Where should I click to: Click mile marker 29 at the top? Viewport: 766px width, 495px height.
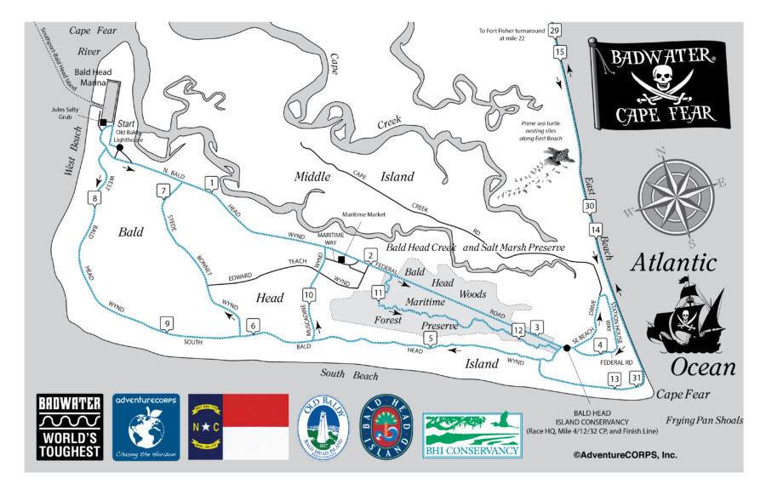click(x=555, y=31)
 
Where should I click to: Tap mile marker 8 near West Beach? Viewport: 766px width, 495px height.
click(x=94, y=198)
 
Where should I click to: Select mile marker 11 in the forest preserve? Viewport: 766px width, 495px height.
click(x=378, y=293)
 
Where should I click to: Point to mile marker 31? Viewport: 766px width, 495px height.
click(x=636, y=378)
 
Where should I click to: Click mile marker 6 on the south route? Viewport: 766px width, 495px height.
click(x=252, y=326)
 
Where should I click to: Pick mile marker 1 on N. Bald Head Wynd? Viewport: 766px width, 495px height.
click(x=210, y=182)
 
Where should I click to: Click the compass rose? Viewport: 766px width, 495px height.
click(x=677, y=192)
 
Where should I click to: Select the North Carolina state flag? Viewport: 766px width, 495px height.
click(x=239, y=427)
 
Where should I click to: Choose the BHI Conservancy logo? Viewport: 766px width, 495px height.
click(x=472, y=434)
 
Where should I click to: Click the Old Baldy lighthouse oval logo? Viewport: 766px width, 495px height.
click(x=323, y=427)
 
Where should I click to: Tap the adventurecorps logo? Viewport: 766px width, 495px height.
click(x=146, y=427)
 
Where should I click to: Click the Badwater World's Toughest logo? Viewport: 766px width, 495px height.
click(x=69, y=427)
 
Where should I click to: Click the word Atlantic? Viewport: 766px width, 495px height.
click(x=672, y=263)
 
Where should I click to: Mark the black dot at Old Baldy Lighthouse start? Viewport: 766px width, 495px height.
click(x=120, y=147)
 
